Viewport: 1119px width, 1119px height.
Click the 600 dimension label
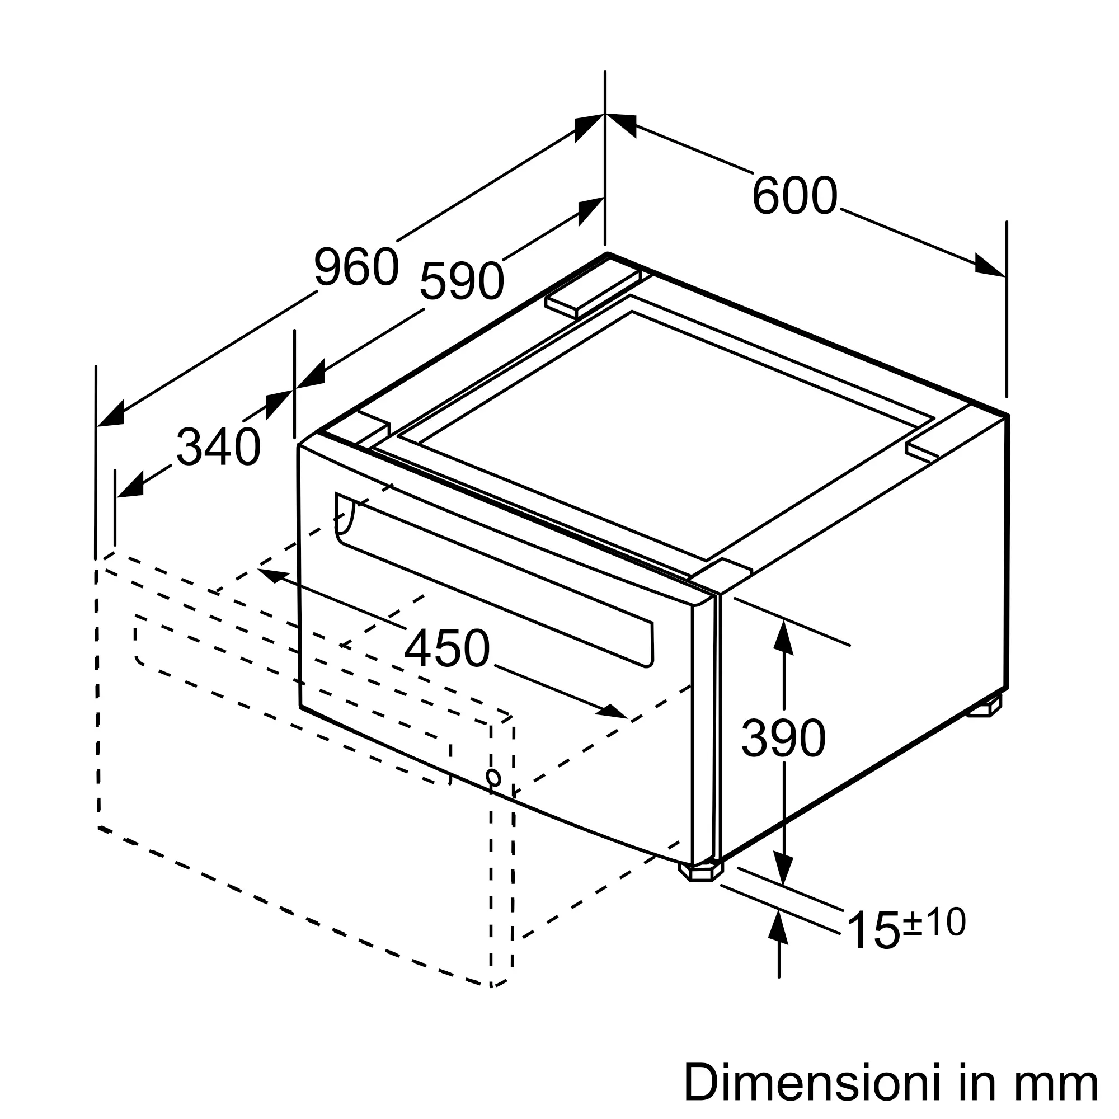click(794, 196)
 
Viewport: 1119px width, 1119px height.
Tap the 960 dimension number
click(357, 266)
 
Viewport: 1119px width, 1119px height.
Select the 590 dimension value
click(462, 281)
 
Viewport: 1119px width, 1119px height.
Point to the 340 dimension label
click(218, 446)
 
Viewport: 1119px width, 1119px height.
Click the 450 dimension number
click(446, 649)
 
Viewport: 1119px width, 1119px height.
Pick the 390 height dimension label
click(783, 738)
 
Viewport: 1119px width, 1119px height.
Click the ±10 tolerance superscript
click(934, 921)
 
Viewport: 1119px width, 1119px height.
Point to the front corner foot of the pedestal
click(701, 873)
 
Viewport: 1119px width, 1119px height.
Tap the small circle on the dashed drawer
click(493, 777)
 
